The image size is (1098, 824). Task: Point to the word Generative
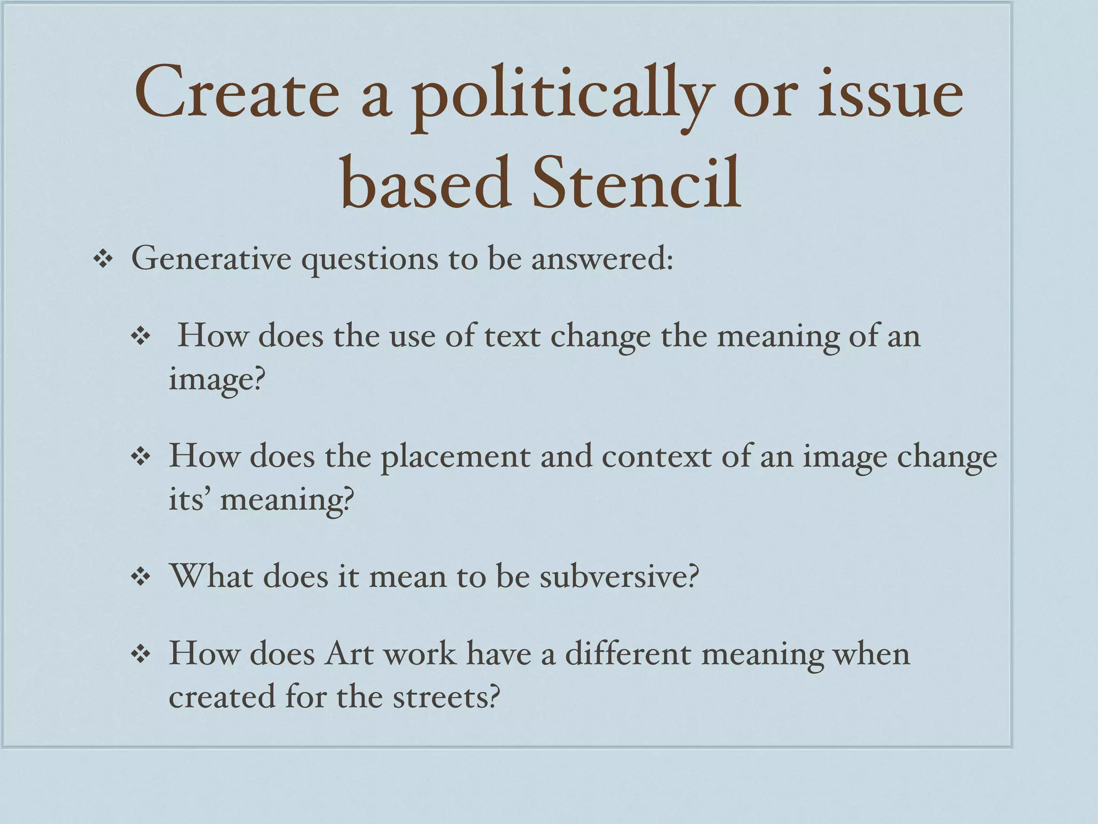[211, 259]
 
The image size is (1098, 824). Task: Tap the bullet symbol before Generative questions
[102, 260]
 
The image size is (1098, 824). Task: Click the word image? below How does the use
[217, 380]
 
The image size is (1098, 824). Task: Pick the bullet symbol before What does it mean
[140, 578]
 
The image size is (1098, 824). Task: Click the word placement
[455, 458]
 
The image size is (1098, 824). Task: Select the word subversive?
[619, 577]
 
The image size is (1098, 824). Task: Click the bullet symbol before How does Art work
[140, 656]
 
